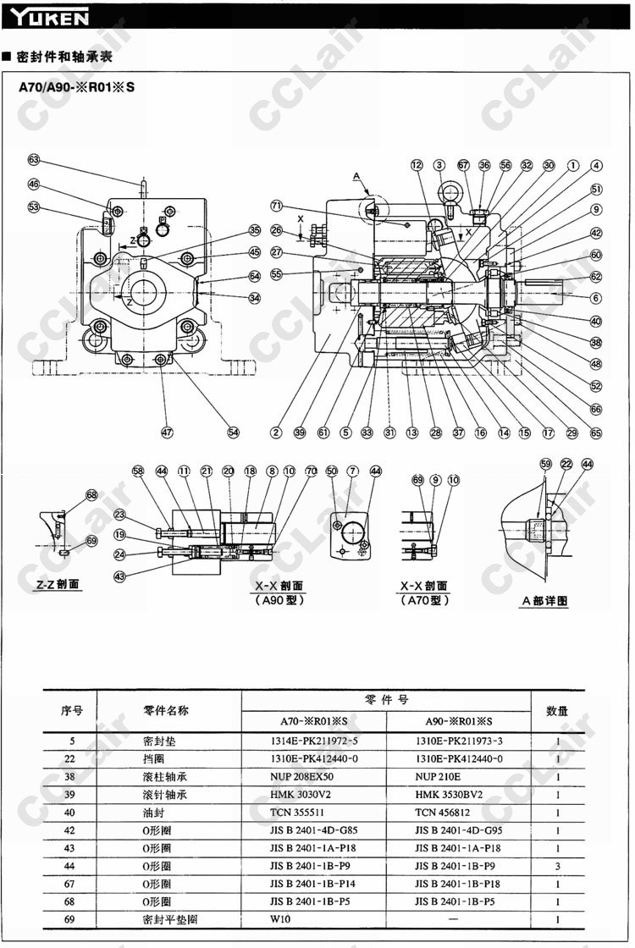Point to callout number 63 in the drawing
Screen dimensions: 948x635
(x=34, y=159)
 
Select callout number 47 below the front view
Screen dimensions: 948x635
(x=167, y=432)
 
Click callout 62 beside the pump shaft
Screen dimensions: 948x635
(x=596, y=276)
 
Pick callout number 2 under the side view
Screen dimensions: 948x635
(x=276, y=432)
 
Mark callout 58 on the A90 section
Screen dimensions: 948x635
(x=138, y=471)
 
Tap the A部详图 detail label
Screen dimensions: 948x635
(x=544, y=600)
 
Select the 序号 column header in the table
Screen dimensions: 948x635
(x=71, y=710)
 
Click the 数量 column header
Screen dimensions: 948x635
(x=557, y=710)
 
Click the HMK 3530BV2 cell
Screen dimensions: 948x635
(x=449, y=795)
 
